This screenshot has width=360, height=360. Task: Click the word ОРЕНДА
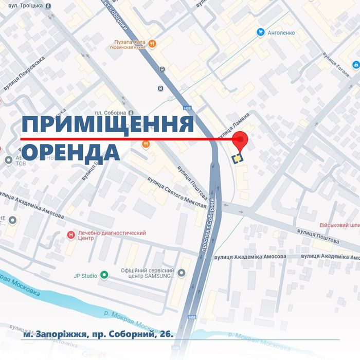click(x=71, y=152)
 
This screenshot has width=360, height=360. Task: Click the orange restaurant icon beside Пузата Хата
click(x=152, y=43)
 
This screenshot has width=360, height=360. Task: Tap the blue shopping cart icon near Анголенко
click(x=261, y=32)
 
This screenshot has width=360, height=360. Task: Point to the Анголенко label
click(x=281, y=32)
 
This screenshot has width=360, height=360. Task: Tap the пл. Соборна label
click(x=110, y=113)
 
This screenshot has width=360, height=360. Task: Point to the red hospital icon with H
click(x=70, y=235)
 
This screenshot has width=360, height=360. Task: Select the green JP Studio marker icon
click(x=104, y=275)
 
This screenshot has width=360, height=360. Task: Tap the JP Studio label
click(x=84, y=276)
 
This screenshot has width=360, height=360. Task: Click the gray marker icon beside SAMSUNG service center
click(x=181, y=273)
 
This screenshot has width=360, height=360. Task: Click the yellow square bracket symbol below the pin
click(x=237, y=158)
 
